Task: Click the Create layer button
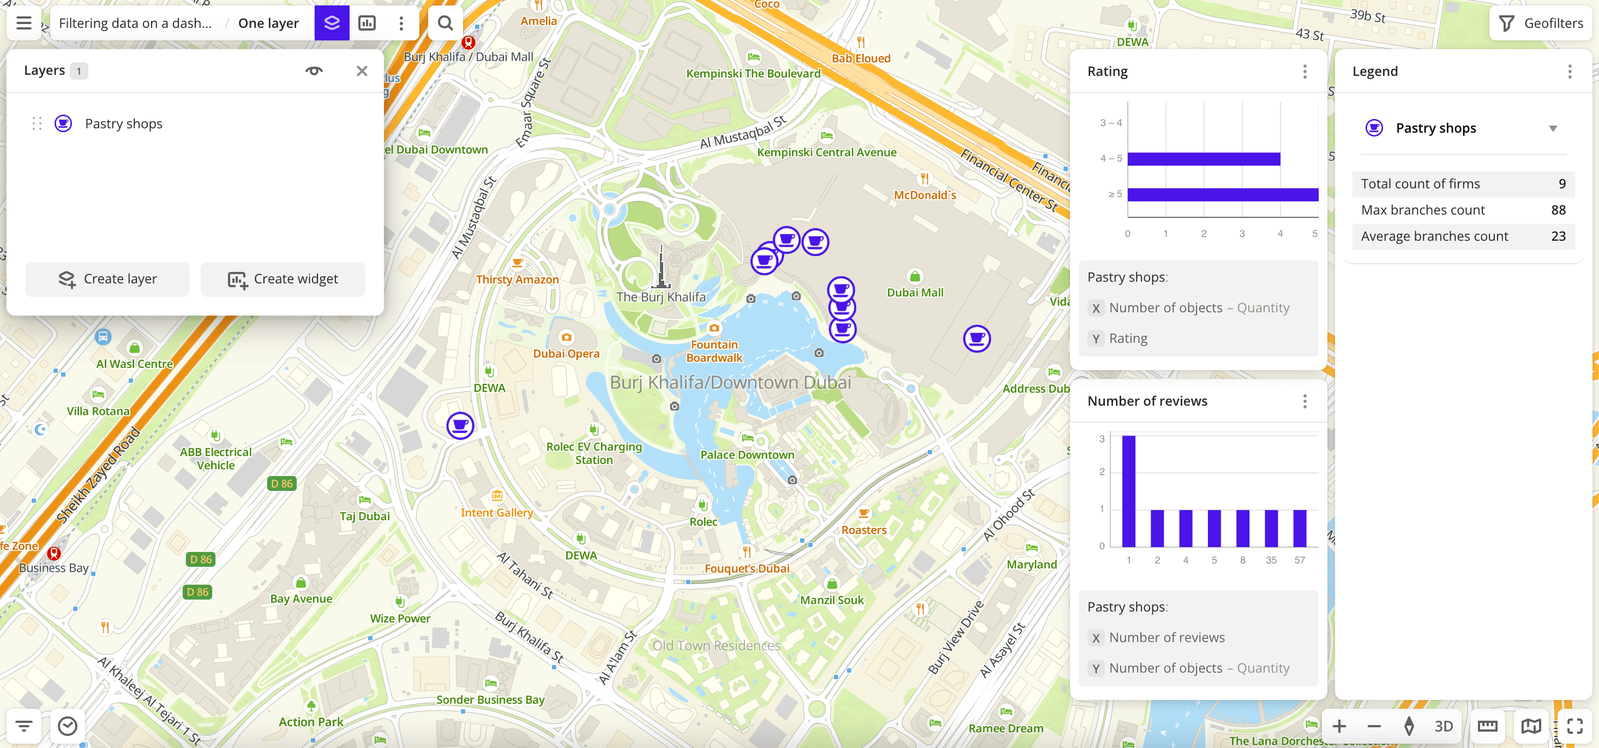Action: tap(107, 279)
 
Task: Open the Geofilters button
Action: tap(1541, 23)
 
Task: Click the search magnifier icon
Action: tap(445, 23)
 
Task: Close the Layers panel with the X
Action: tap(362, 71)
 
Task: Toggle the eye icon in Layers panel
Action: tap(314, 71)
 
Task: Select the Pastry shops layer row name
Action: tap(124, 123)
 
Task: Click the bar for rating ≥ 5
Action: tap(1222, 194)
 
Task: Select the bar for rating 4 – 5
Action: tap(1203, 159)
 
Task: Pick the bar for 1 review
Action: tap(1128, 491)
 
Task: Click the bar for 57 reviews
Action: tap(1299, 528)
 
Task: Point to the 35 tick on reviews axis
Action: tap(1271, 560)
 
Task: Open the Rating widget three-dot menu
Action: tap(1304, 72)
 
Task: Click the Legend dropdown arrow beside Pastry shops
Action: tap(1553, 129)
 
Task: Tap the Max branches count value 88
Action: tap(1558, 210)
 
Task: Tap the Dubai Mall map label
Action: tap(915, 293)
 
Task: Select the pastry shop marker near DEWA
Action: tap(460, 425)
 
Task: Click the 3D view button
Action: tap(1443, 726)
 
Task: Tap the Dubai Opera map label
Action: tap(566, 353)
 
